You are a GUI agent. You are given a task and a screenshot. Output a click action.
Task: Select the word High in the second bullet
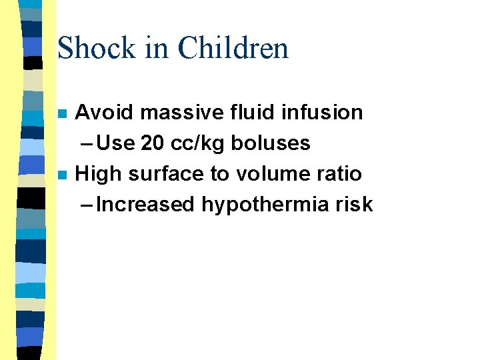coord(99,174)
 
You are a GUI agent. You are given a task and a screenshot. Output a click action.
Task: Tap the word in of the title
coord(160,49)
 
